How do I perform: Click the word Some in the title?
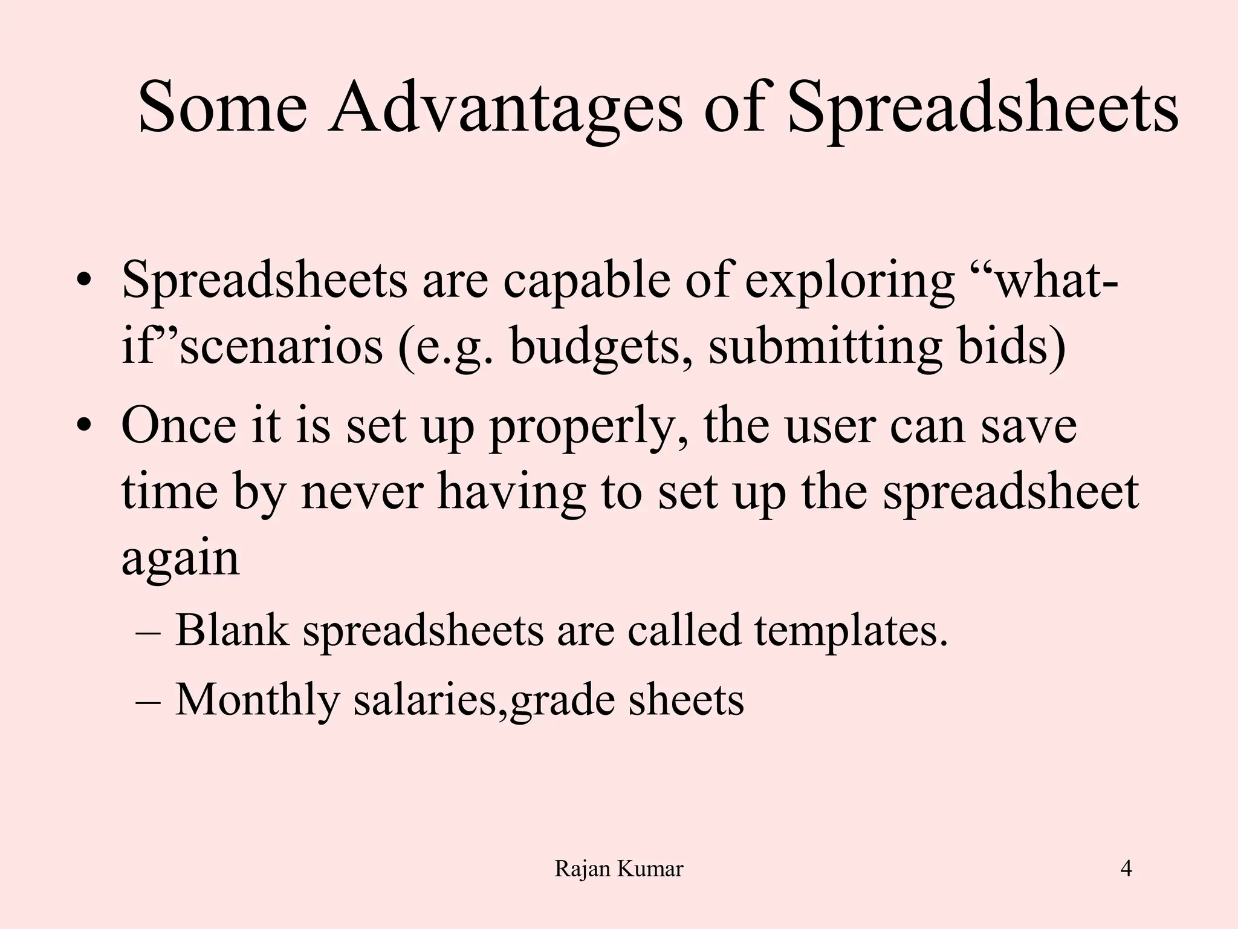[x=222, y=109]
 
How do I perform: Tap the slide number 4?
[x=1126, y=869]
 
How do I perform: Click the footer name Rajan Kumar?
[x=618, y=869]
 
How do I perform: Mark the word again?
[x=180, y=560]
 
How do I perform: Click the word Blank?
[x=232, y=630]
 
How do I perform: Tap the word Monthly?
[x=257, y=700]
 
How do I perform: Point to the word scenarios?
[x=281, y=348]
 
